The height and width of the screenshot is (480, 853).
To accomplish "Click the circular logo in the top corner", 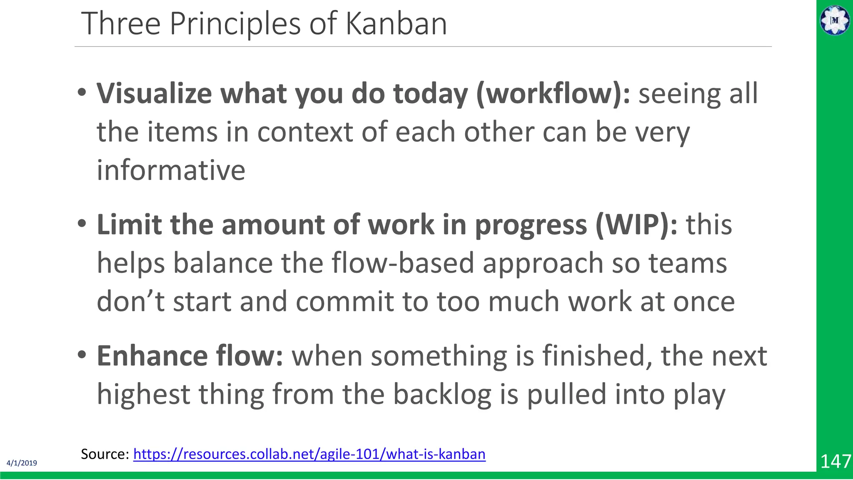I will click(x=835, y=20).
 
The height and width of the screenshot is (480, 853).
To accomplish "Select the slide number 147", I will click(x=836, y=462).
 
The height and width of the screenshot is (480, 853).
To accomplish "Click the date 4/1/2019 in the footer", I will click(x=22, y=463).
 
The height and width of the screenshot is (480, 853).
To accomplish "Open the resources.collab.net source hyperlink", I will click(x=309, y=454).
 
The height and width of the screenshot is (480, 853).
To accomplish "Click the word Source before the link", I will click(x=105, y=454).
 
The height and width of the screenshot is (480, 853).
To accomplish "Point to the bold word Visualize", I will click(x=154, y=93).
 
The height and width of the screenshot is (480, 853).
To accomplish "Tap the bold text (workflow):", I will click(x=554, y=93).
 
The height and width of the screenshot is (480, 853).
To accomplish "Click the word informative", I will click(x=171, y=170).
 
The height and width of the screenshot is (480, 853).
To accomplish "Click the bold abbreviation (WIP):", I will click(x=636, y=225).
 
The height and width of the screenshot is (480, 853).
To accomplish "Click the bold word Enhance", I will click(x=152, y=356).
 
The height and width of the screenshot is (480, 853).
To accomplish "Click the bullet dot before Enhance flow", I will click(x=82, y=355).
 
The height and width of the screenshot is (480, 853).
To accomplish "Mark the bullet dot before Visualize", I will click(x=82, y=92).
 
